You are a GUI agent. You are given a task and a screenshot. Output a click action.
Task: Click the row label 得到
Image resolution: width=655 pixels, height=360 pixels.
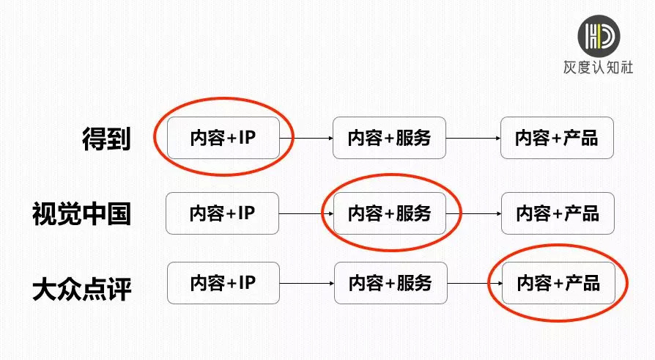tap(106, 139)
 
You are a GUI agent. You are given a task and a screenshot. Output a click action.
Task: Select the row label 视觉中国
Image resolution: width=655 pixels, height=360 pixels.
tap(81, 213)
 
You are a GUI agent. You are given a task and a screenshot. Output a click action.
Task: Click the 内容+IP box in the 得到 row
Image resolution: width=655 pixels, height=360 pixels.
tap(223, 137)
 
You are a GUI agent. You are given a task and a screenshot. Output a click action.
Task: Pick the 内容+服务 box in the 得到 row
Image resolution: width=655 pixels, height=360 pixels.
tap(389, 137)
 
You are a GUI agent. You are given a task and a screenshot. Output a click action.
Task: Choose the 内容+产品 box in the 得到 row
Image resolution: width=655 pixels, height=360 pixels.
tap(556, 137)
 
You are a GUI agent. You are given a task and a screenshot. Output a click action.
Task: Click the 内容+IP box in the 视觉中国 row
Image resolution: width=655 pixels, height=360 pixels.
tap(222, 213)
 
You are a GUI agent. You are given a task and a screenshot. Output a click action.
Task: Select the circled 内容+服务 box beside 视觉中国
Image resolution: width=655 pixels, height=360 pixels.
tap(389, 213)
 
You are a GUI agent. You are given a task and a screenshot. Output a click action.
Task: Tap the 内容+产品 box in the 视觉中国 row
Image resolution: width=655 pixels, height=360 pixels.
tap(557, 213)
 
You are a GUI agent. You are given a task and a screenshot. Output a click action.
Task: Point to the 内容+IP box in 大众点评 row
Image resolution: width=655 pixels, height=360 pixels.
tap(223, 283)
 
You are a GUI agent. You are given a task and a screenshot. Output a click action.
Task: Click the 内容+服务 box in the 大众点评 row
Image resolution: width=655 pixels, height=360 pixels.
tap(390, 283)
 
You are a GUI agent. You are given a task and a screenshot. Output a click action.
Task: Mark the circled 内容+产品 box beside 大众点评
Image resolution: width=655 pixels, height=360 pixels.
tap(558, 283)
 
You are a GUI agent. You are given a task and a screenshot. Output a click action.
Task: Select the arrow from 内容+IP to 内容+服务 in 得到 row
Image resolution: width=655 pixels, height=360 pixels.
tap(306, 137)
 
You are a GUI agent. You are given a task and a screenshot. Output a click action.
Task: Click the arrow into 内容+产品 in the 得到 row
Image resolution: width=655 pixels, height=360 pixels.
tap(473, 137)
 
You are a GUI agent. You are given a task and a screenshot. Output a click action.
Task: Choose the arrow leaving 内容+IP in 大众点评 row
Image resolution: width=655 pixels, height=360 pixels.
tap(306, 283)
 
